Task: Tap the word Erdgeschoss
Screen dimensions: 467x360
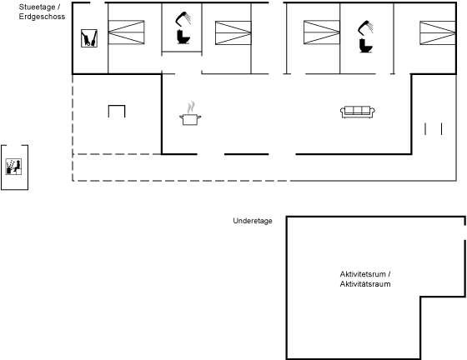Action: pyautogui.click(x=42, y=17)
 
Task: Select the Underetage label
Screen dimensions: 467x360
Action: pyautogui.click(x=253, y=221)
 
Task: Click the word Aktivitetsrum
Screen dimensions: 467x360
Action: pyautogui.click(x=363, y=274)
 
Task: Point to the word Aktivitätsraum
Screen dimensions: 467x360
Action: pyautogui.click(x=365, y=284)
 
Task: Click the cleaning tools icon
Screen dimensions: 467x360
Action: pyautogui.click(x=89, y=38)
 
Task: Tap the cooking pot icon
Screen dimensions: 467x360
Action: pyautogui.click(x=190, y=119)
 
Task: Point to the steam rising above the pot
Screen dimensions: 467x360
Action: pyautogui.click(x=191, y=107)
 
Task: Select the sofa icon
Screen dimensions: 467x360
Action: pyautogui.click(x=358, y=112)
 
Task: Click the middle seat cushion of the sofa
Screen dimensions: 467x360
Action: pyautogui.click(x=358, y=110)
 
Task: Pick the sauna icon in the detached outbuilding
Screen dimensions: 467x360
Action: pyautogui.click(x=13, y=167)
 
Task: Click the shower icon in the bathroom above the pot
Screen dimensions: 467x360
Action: pyautogui.click(x=183, y=18)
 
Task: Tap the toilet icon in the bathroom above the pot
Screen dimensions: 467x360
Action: pyautogui.click(x=183, y=37)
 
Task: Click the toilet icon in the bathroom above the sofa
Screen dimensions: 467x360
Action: pyautogui.click(x=366, y=46)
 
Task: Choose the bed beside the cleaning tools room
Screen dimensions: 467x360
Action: pyautogui.click(x=126, y=32)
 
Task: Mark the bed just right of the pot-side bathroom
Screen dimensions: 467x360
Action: pyautogui.click(x=233, y=32)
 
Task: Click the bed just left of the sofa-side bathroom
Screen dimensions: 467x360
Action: pyautogui.click(x=322, y=32)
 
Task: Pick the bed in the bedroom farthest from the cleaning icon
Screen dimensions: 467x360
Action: pyautogui.click(x=438, y=32)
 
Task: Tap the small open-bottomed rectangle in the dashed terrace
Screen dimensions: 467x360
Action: pyautogui.click(x=117, y=106)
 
